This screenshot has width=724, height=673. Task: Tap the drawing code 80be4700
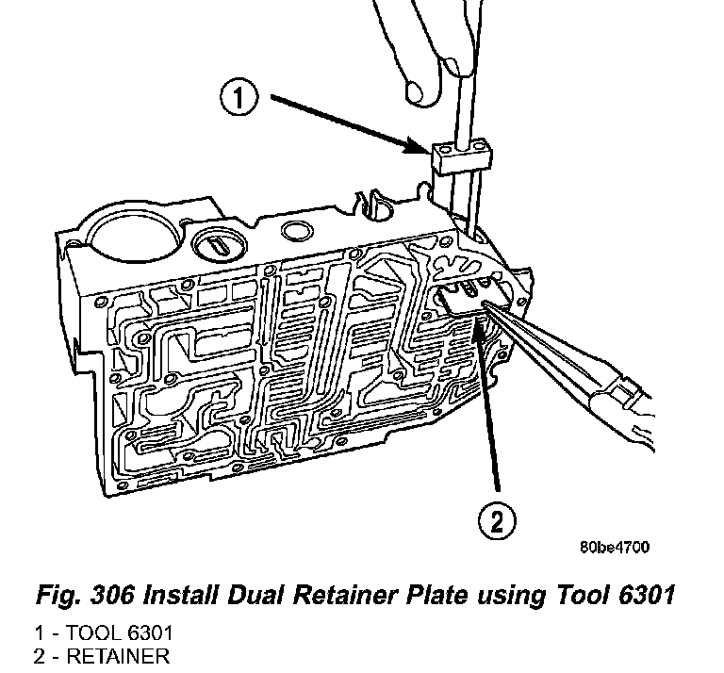(614, 547)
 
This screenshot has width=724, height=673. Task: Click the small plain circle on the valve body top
(300, 232)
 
